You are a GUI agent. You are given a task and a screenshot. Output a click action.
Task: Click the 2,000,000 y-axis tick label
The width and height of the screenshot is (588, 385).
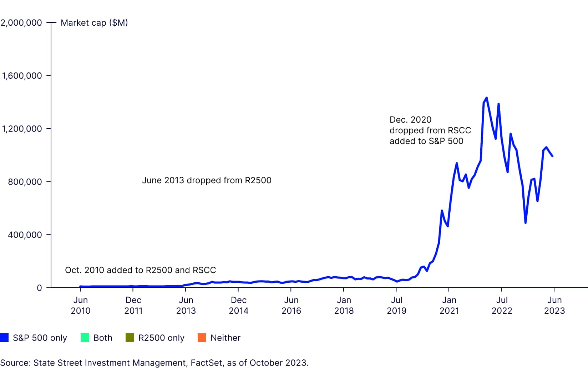21,23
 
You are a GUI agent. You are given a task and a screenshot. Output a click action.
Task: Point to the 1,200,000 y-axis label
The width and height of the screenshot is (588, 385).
22,129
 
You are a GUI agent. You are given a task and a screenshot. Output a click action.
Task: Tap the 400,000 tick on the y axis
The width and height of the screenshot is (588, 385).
25,235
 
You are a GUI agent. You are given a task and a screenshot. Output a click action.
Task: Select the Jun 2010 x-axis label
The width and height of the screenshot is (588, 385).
81,305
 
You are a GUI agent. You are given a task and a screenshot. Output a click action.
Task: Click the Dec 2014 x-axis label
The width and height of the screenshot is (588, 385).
239,305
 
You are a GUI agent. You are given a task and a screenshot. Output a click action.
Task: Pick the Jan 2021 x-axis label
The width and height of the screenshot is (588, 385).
449,305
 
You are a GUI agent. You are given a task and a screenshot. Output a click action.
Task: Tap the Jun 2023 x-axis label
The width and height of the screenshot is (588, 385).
554,305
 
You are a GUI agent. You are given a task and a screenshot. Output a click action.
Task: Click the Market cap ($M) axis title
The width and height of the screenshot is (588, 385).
94,23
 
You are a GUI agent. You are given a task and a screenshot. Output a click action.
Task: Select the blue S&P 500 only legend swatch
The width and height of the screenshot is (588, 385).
4,338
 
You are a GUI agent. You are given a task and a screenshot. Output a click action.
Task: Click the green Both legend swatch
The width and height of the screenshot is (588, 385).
85,338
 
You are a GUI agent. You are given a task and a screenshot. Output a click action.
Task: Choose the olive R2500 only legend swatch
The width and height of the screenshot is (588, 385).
130,338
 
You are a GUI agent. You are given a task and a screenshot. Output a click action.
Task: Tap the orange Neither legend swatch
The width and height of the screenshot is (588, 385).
202,338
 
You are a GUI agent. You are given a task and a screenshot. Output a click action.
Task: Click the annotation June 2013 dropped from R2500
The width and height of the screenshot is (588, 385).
207,180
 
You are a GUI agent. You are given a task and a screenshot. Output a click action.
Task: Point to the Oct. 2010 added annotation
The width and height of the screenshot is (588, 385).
140,270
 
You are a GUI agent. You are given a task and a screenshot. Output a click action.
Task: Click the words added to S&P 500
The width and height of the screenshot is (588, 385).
426,141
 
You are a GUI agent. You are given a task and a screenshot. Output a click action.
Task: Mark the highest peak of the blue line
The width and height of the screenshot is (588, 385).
487,98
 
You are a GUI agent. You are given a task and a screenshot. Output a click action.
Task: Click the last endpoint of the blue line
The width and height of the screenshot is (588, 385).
552,156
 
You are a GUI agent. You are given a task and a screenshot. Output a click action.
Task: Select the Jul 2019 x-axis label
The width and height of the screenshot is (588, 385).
397,305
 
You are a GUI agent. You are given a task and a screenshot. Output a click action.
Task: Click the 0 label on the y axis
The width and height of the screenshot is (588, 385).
39,288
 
